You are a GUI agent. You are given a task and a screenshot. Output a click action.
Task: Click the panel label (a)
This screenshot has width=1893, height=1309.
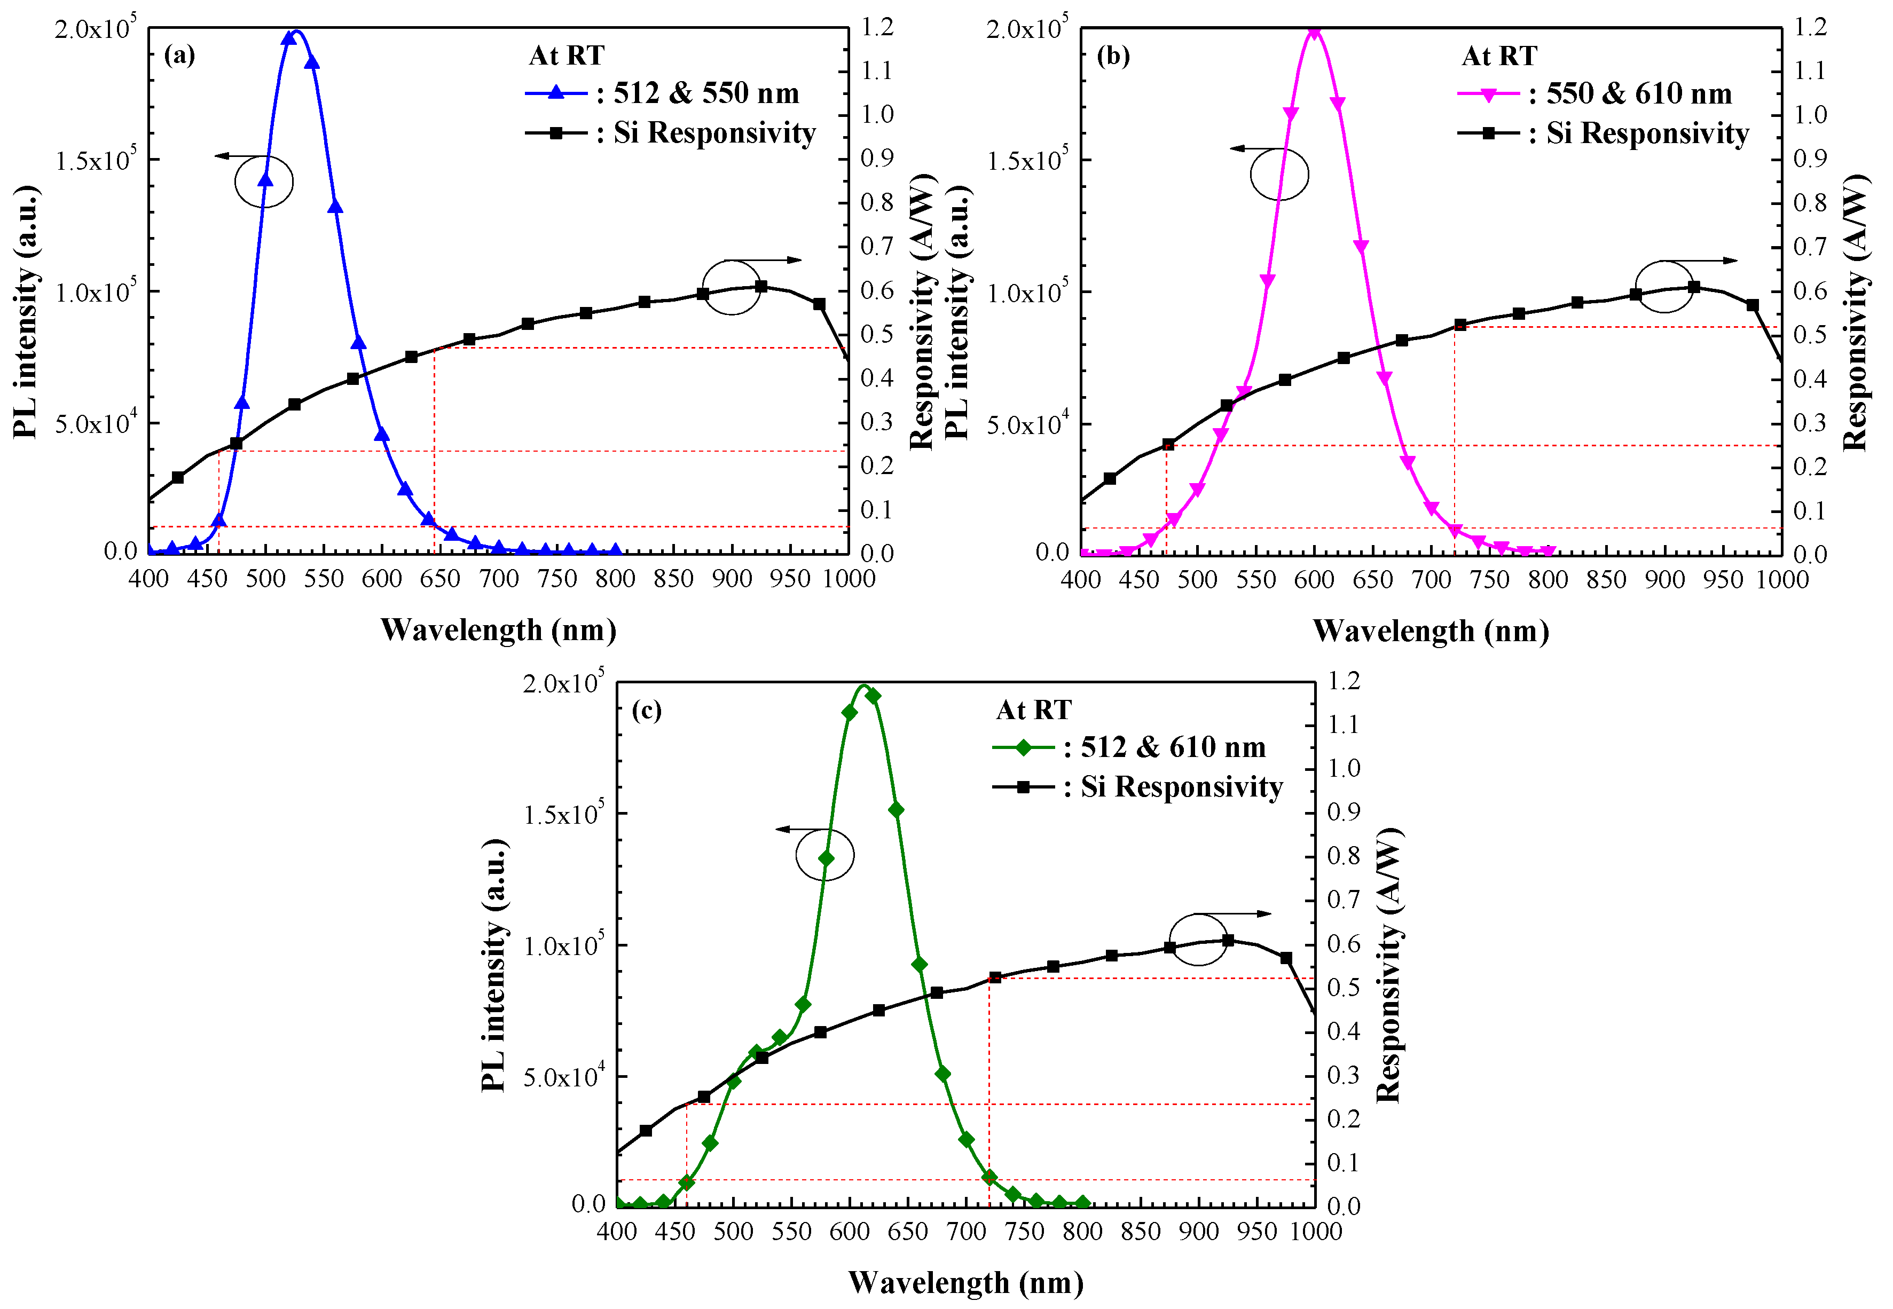[x=179, y=55]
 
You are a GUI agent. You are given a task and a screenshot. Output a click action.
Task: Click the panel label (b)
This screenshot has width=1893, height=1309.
[x=1112, y=55]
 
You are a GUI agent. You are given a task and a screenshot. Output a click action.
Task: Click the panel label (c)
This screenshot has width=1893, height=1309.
[x=646, y=709]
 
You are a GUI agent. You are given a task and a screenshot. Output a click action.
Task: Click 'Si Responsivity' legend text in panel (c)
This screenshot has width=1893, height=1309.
[x=1181, y=786]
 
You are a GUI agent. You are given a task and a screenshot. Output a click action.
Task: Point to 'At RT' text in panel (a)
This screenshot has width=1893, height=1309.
[x=566, y=56]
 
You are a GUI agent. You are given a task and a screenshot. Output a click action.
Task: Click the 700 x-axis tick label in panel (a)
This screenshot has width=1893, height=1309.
[x=499, y=579]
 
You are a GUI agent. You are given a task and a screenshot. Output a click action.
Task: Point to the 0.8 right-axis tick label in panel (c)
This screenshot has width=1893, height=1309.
[x=1344, y=855]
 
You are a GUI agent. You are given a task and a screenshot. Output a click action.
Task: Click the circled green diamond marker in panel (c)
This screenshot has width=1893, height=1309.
[x=826, y=858]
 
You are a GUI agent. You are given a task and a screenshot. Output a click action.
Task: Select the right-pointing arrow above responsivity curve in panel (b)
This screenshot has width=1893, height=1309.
[x=1706, y=261]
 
